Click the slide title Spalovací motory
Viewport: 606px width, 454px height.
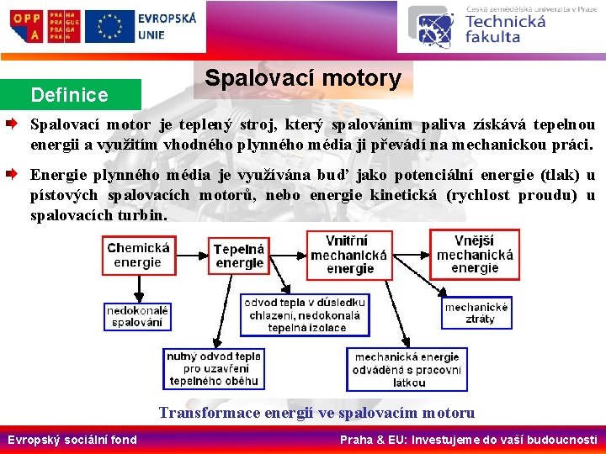(303, 78)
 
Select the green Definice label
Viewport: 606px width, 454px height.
(69, 94)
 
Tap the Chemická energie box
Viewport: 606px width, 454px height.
(138, 255)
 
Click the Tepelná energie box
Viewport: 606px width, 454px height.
(239, 256)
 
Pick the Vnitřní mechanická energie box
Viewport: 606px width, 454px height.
(348, 255)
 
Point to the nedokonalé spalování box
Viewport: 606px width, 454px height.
(137, 315)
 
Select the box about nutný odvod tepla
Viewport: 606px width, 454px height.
(214, 368)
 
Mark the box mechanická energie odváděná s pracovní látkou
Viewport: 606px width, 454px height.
(407, 369)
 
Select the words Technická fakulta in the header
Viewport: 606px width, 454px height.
(504, 29)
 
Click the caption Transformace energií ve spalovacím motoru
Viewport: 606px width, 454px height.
(316, 413)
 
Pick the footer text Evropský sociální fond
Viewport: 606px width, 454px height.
(72, 440)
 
